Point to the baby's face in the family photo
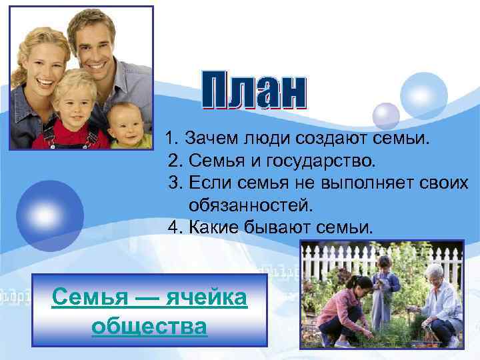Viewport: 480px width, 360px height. tap(125, 125)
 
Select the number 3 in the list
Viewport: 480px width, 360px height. tap(175, 182)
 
